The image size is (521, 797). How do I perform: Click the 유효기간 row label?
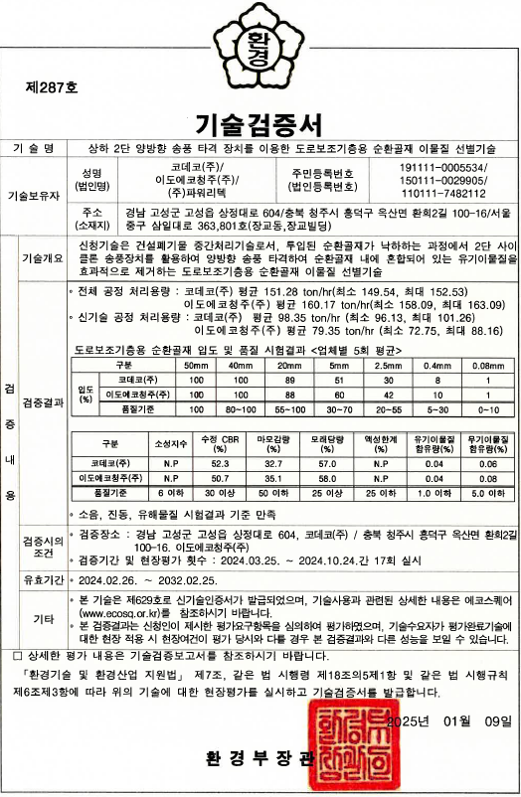click(43, 578)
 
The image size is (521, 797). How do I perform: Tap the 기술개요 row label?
click(43, 256)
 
